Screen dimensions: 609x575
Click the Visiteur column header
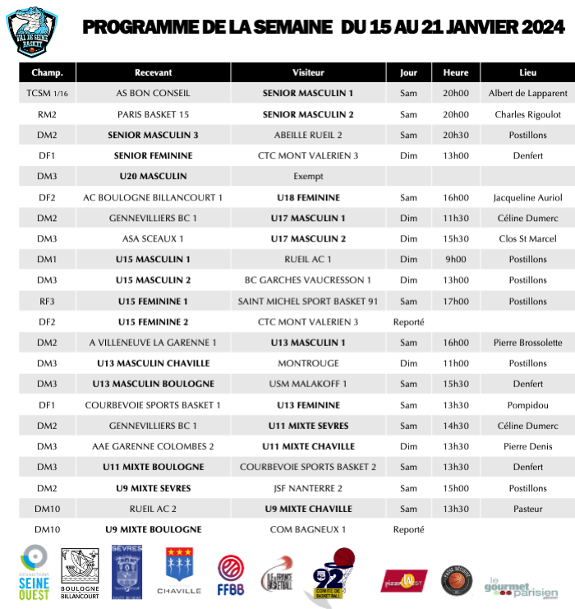pyautogui.click(x=308, y=72)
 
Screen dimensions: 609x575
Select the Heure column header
pyautogui.click(x=455, y=72)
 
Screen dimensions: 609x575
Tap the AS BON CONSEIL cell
pyautogui.click(x=153, y=94)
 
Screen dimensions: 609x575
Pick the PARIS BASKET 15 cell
pyautogui.click(x=153, y=114)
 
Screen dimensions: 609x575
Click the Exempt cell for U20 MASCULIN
pyautogui.click(x=308, y=177)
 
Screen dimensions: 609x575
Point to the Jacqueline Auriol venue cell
pyautogui.click(x=527, y=197)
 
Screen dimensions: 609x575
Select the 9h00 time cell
pyautogui.click(x=455, y=260)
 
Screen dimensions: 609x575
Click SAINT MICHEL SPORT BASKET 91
pyautogui.click(x=308, y=301)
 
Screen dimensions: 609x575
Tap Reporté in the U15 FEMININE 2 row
pyautogui.click(x=408, y=322)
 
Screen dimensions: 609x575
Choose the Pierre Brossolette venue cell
pyautogui.click(x=527, y=343)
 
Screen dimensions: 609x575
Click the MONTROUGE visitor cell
pyautogui.click(x=308, y=363)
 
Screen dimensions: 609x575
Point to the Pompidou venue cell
pyautogui.click(x=527, y=405)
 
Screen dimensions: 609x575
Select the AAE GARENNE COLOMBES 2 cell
pyautogui.click(x=153, y=446)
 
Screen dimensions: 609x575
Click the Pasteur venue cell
pyautogui.click(x=527, y=509)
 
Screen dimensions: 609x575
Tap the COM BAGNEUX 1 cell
pyautogui.click(x=308, y=529)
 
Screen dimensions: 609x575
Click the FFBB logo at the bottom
pyautogui.click(x=230, y=573)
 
